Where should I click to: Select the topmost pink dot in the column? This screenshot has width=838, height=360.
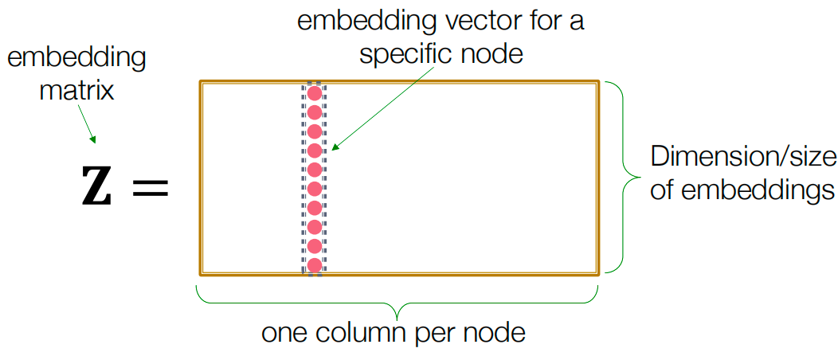(x=314, y=92)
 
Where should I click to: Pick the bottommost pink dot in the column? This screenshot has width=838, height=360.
(x=314, y=265)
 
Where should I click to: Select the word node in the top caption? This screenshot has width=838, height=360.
(x=499, y=54)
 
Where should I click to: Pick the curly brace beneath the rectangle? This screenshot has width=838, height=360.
(x=396, y=300)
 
